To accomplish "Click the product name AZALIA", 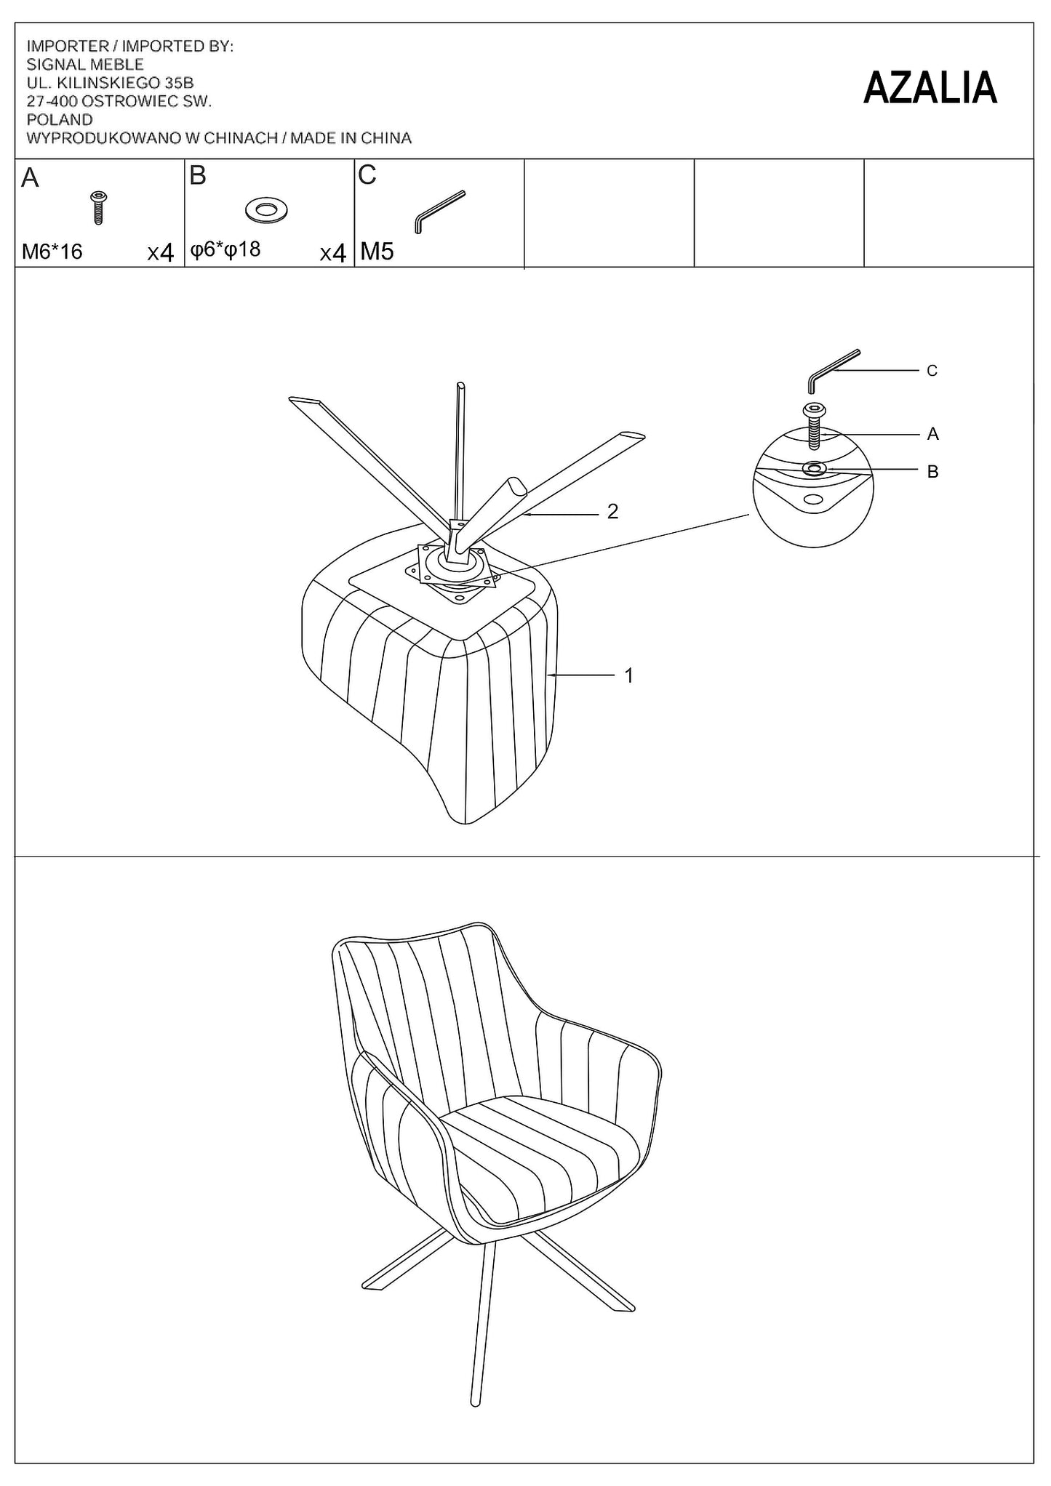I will [x=930, y=88].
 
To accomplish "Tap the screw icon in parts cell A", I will [x=98, y=207].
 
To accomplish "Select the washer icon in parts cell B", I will [x=267, y=210].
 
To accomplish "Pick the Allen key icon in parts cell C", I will [x=439, y=212].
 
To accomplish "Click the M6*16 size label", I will [x=52, y=252].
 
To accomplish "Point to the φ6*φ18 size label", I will [x=225, y=250].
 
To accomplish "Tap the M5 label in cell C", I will [x=377, y=252].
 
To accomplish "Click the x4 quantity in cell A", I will [x=160, y=253].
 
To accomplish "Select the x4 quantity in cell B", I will [x=332, y=253].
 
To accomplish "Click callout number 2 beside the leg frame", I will [x=612, y=512].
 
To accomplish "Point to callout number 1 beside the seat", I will [x=628, y=675].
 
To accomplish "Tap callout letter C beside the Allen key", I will [x=932, y=371].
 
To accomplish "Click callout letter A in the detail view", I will [x=932, y=434].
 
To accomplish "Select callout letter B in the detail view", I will [x=932, y=472].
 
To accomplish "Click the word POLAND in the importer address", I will [x=60, y=120].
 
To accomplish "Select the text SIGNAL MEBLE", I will [x=85, y=65].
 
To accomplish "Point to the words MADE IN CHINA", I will [x=351, y=138].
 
